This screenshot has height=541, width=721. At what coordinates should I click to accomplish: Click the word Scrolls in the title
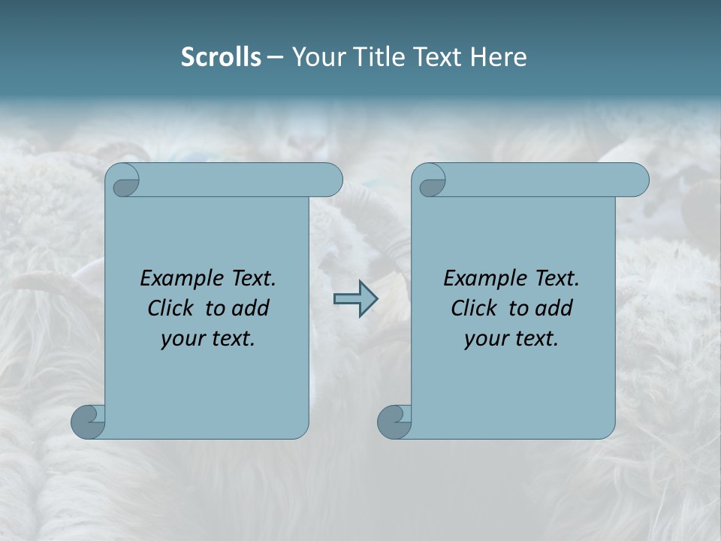pyautogui.click(x=221, y=57)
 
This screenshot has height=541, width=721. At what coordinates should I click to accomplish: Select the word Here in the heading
pyautogui.click(x=499, y=57)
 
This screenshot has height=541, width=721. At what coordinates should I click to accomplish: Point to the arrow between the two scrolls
pyautogui.click(x=355, y=299)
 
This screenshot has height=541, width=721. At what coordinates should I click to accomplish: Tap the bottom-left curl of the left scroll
pyautogui.click(x=87, y=421)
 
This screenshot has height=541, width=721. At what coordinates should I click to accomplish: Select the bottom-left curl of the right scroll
pyautogui.click(x=394, y=421)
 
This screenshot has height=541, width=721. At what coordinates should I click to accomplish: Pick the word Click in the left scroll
pyautogui.click(x=173, y=308)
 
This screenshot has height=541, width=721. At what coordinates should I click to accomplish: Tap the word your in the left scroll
pyautogui.click(x=179, y=339)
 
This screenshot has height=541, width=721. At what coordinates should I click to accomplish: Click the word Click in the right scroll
pyautogui.click(x=475, y=308)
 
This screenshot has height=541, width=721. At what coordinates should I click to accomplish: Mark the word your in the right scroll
pyautogui.click(x=483, y=339)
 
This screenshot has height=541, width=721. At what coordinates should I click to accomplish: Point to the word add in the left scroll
pyautogui.click(x=249, y=308)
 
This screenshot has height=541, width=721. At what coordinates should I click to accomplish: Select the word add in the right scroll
pyautogui.click(x=553, y=308)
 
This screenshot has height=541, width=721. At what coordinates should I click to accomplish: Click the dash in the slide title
pyautogui.click(x=276, y=57)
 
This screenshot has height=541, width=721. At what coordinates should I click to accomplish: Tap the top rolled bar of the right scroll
pyautogui.click(x=541, y=180)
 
